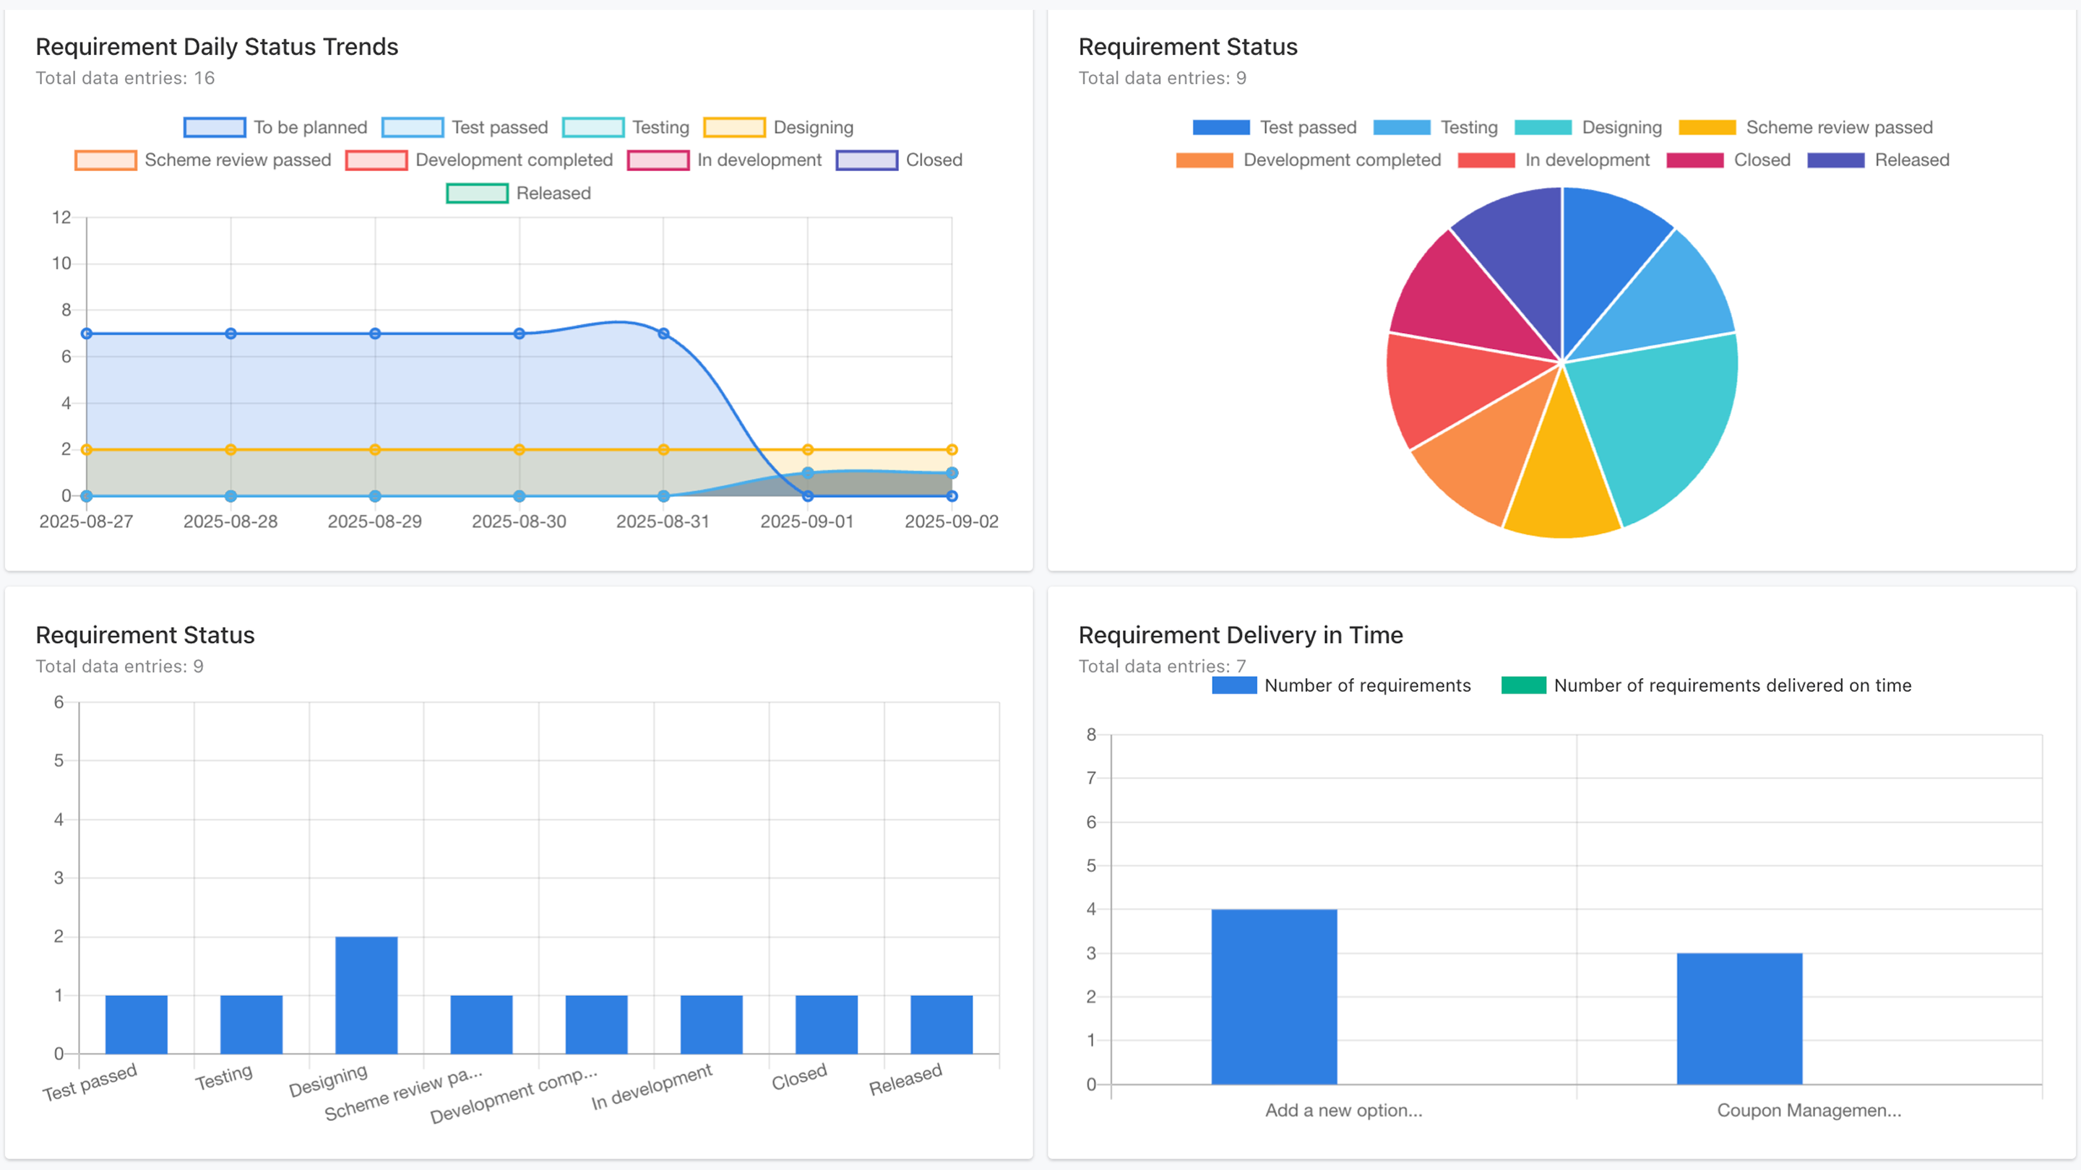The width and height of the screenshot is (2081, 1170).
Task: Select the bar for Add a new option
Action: point(1274,997)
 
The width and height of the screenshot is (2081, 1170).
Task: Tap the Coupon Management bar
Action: point(1739,1018)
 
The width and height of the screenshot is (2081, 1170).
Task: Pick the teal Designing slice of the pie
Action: point(1656,420)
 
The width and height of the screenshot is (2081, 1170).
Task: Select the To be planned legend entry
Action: point(275,128)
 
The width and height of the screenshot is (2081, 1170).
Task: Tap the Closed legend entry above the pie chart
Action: point(1729,160)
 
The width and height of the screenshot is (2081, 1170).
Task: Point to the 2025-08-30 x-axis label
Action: point(519,521)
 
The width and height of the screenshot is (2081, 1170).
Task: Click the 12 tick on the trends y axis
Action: point(61,217)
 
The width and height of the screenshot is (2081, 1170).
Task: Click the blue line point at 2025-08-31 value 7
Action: point(663,334)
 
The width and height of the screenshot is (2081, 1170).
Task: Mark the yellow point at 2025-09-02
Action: point(952,450)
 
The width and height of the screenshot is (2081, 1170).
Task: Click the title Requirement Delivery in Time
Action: point(1240,636)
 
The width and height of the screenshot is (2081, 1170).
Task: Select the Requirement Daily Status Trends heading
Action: point(217,47)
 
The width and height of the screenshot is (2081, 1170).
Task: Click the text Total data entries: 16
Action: point(125,78)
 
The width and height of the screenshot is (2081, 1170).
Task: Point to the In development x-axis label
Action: point(651,1087)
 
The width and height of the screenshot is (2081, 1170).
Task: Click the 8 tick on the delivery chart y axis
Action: point(1090,734)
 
